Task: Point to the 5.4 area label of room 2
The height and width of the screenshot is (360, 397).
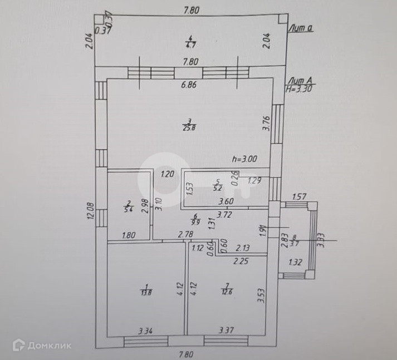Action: tap(128, 210)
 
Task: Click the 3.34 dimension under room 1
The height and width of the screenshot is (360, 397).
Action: tap(145, 332)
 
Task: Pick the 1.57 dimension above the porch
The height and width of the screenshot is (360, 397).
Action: tap(300, 197)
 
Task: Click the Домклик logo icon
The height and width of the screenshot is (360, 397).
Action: tap(19, 345)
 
